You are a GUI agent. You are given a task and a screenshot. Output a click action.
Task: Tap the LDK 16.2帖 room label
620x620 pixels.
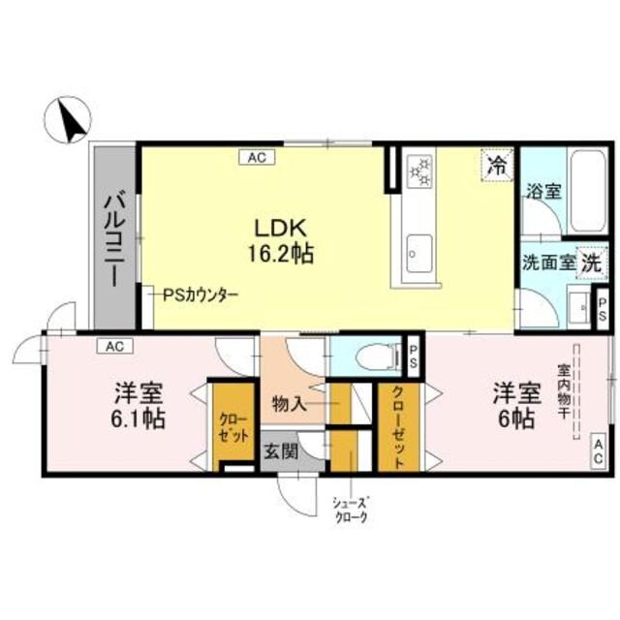click(x=281, y=241)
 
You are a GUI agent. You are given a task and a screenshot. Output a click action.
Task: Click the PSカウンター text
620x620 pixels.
click(x=201, y=295)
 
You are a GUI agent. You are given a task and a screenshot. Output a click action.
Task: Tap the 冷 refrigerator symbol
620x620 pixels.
click(x=495, y=165)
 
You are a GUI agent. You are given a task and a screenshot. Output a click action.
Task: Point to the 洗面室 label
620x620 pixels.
click(x=547, y=262)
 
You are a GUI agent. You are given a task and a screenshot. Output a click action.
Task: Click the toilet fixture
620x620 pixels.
click(x=376, y=357)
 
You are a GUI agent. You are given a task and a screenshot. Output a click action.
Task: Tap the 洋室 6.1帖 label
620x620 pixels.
click(x=139, y=407)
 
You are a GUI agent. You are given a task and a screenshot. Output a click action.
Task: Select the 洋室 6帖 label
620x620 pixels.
click(x=514, y=407)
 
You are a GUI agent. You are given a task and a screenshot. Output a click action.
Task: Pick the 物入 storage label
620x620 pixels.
click(x=290, y=403)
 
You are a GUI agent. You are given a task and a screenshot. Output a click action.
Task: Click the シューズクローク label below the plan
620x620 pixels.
click(x=351, y=511)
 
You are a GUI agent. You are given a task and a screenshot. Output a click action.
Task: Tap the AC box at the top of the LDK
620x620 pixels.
click(x=257, y=155)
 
